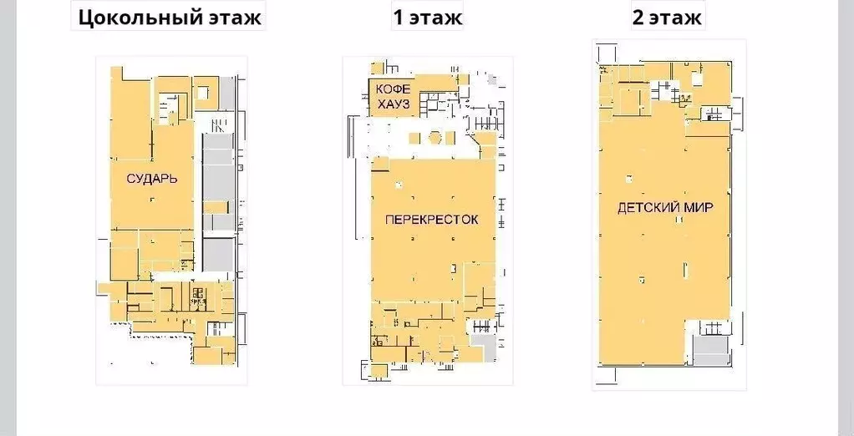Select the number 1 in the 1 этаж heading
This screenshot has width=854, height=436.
[x=398, y=17]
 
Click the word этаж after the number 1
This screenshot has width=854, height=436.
[x=435, y=17]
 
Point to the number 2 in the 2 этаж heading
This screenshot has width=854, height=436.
[x=638, y=17]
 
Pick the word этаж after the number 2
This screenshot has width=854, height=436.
[x=676, y=17]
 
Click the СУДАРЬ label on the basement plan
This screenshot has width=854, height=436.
[x=151, y=179]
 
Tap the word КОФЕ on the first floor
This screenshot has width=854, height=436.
[x=392, y=89]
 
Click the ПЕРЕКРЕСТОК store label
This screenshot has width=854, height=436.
[x=431, y=220]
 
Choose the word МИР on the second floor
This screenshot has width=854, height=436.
[x=699, y=207]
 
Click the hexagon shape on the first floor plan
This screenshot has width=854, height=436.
[x=435, y=138]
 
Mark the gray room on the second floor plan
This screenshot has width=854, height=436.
[x=711, y=349]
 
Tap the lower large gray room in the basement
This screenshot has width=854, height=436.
[x=219, y=254]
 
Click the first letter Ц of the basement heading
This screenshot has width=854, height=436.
[x=84, y=17]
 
